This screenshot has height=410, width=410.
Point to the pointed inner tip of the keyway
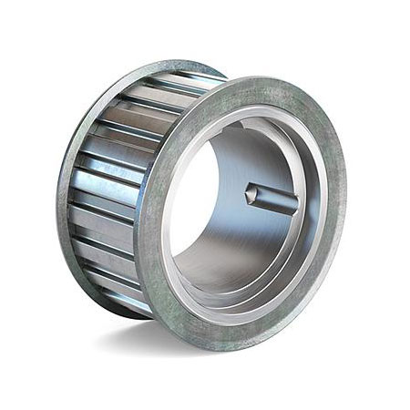pyautogui.click(x=249, y=192)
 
